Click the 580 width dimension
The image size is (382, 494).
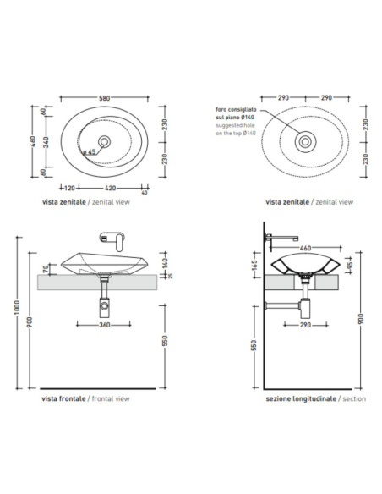105,98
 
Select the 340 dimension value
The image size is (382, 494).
46,142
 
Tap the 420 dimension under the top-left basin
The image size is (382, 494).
110,188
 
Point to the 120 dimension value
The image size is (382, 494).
69,188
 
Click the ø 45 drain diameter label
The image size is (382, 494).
89,152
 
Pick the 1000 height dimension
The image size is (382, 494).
17,307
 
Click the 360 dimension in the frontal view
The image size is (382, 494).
105,325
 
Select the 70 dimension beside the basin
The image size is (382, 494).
46,269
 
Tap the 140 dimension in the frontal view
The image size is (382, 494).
166,262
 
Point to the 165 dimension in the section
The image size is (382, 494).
255,265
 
